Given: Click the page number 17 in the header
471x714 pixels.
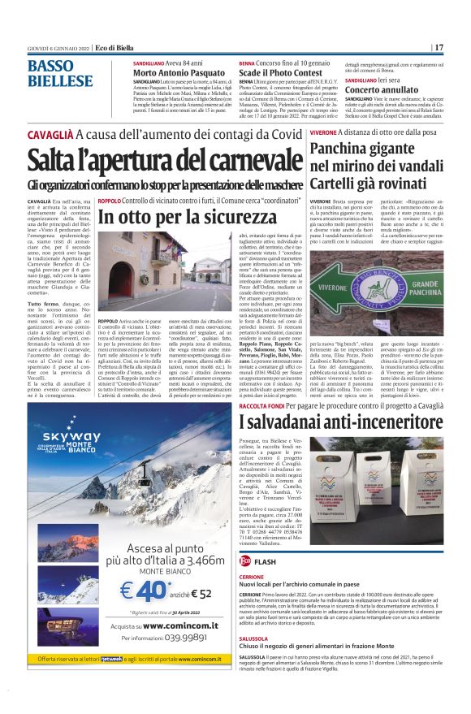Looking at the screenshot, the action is pyautogui.click(x=439, y=47).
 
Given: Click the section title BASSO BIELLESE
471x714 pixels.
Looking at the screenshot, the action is pyautogui.click(x=61, y=73).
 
